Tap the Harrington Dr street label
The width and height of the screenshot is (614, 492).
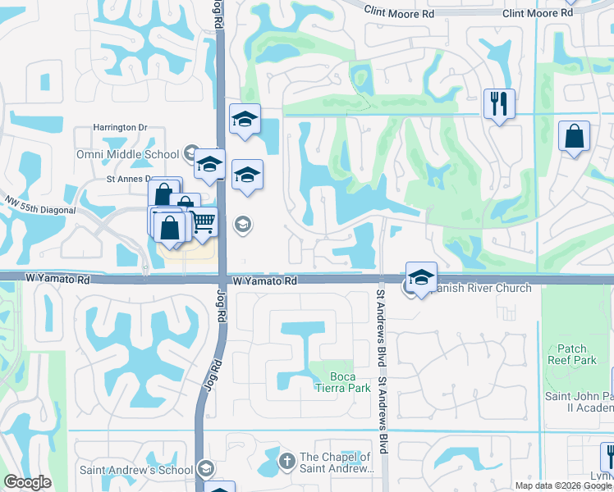[x=119, y=128]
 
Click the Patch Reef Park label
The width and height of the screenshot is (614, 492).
[x=571, y=354]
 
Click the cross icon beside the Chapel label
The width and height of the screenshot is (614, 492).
[x=286, y=459]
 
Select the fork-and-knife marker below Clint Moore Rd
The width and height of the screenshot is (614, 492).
[x=499, y=103]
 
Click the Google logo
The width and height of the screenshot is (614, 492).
[x=28, y=482]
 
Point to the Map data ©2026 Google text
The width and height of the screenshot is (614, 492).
[x=564, y=485]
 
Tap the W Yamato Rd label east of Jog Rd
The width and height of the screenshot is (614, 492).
[x=264, y=280]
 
